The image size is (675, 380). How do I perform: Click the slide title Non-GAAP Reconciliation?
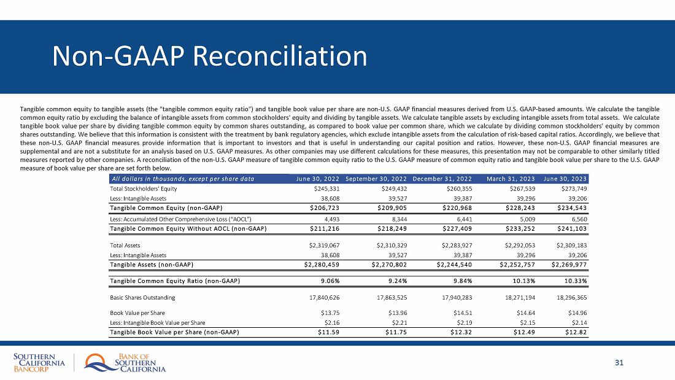coord(210,56)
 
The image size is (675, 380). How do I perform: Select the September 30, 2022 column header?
coord(376,179)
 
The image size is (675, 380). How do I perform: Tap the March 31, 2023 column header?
coord(511,179)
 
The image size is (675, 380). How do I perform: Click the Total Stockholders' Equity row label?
coord(136,189)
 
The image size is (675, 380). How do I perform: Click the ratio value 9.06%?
coord(332,281)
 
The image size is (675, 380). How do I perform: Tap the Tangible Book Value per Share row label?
coord(174,332)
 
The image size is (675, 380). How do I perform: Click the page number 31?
coord(619,363)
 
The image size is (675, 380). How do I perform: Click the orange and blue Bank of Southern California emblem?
coord(98,362)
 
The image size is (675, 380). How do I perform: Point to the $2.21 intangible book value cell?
coord(398,322)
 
